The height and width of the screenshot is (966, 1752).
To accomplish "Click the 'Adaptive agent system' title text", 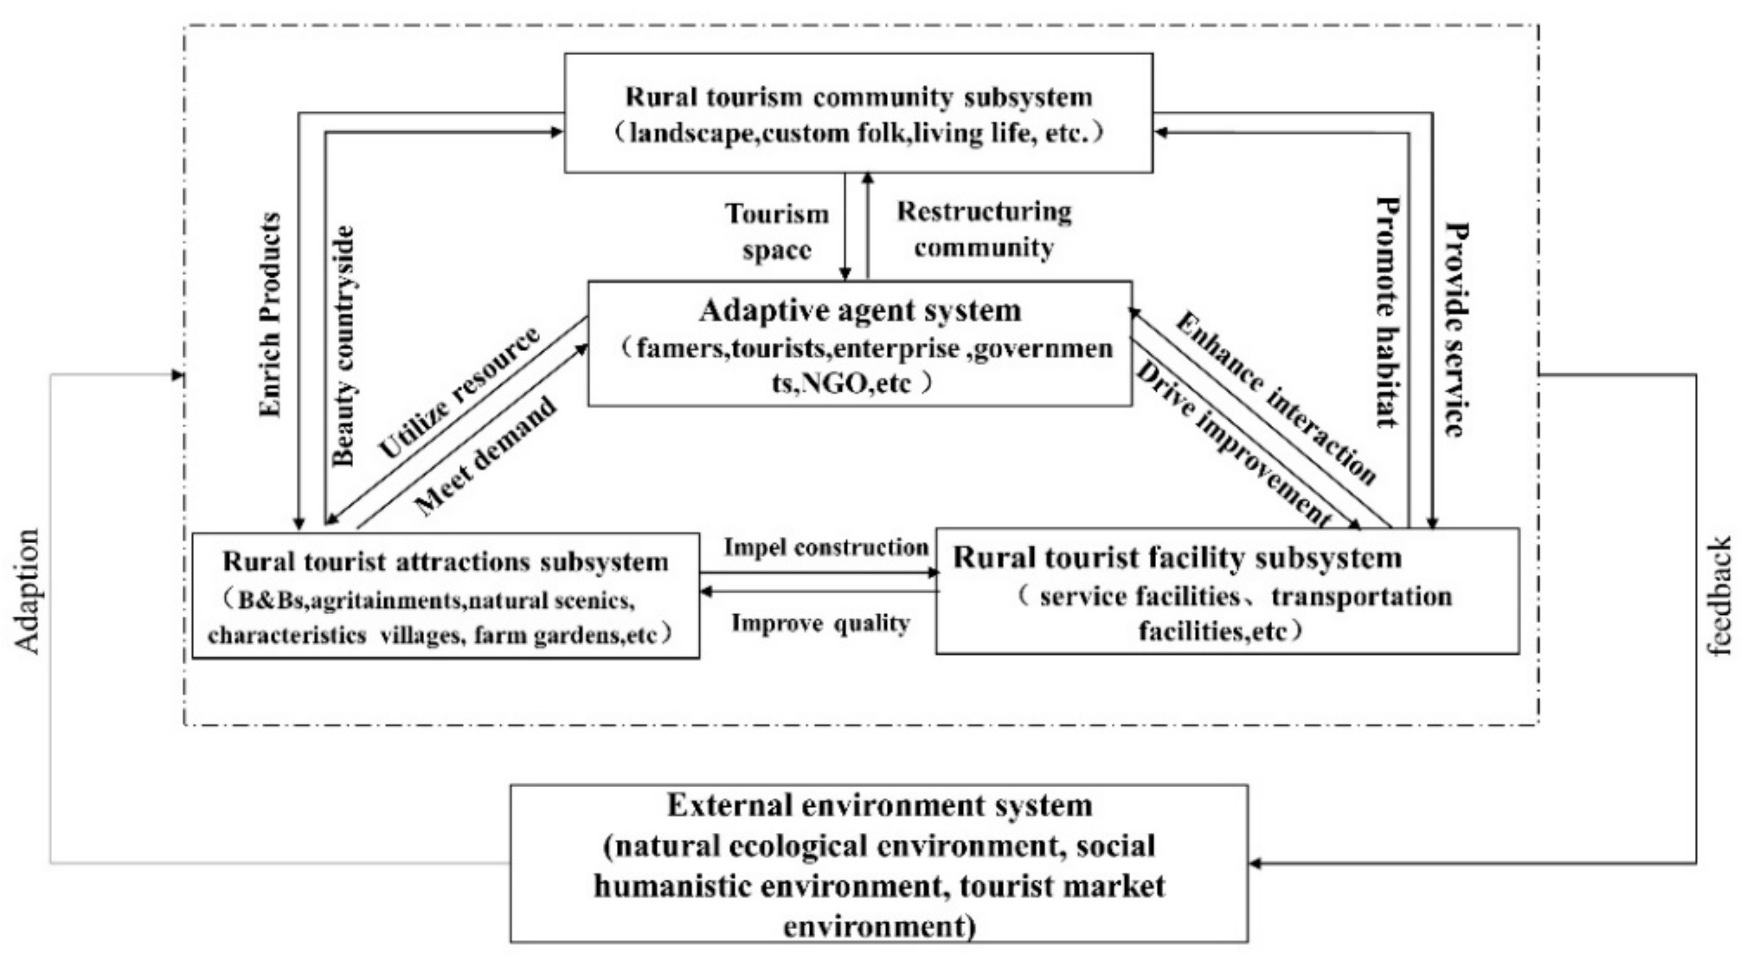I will (x=860, y=311).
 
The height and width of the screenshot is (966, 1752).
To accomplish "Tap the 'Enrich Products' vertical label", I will (x=271, y=315).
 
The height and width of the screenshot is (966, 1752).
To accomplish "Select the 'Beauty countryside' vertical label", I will (x=344, y=346).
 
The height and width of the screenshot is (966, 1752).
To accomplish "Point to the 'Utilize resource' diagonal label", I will (x=459, y=393).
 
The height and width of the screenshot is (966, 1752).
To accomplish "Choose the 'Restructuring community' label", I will (x=984, y=229).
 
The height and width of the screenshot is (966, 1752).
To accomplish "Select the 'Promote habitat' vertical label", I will (x=1388, y=311).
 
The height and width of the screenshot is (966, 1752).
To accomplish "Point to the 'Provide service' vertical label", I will (x=1456, y=329).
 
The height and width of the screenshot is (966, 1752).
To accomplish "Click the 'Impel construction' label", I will (x=825, y=547).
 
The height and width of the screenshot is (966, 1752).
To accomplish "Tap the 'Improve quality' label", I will (x=820, y=622).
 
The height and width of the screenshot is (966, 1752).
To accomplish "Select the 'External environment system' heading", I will (x=880, y=806).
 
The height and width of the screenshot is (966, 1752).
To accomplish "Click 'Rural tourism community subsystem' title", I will (x=858, y=96).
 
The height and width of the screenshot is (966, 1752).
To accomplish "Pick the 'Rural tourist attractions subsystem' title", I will (x=446, y=562).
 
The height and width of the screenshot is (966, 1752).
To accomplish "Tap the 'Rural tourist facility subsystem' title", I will (x=1177, y=558).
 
